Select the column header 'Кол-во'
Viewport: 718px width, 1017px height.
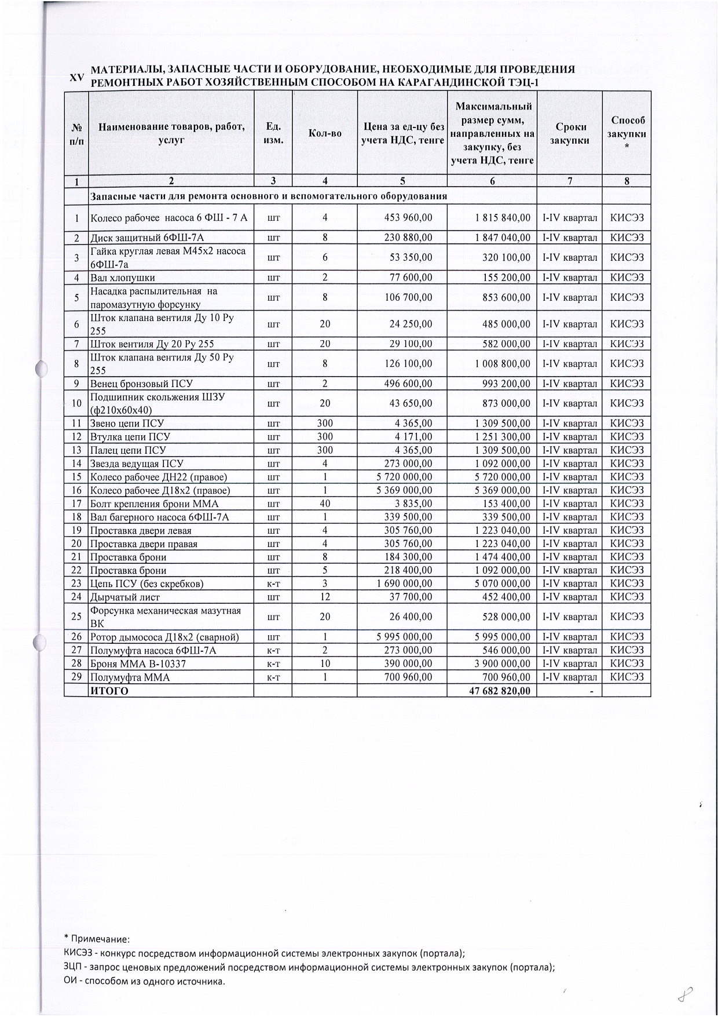(325, 133)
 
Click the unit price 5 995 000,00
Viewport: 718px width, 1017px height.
(404, 637)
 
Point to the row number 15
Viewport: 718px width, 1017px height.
(76, 477)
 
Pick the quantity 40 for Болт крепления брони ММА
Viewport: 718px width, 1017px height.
(325, 504)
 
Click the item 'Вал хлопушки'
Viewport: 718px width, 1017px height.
(122, 278)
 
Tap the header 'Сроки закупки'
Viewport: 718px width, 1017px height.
(570, 133)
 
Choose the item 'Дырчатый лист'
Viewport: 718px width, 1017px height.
(124, 597)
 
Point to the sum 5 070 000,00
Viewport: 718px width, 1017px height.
(502, 584)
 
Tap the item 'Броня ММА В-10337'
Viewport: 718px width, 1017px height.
(138, 664)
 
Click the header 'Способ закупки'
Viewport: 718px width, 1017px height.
(627, 133)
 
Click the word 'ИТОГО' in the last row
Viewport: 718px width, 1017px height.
(109, 691)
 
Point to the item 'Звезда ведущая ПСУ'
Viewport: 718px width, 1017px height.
(136, 464)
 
